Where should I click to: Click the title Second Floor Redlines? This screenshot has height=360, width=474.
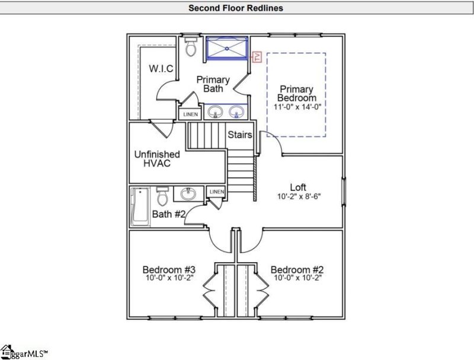(x=235, y=8)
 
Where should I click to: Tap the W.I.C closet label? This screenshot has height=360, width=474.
(x=161, y=69)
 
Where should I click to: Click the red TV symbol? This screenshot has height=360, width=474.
(x=257, y=57)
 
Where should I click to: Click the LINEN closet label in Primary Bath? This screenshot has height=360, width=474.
(x=190, y=114)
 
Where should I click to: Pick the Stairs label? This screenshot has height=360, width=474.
(x=240, y=135)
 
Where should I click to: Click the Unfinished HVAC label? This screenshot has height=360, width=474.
(x=156, y=158)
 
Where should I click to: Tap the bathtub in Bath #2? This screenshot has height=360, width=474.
(x=140, y=207)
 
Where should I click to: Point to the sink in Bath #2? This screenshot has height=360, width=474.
(x=189, y=193)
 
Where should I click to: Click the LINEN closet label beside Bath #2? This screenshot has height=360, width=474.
(x=216, y=192)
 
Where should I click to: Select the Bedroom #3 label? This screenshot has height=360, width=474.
(x=169, y=270)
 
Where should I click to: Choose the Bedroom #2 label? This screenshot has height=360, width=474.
(x=297, y=270)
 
